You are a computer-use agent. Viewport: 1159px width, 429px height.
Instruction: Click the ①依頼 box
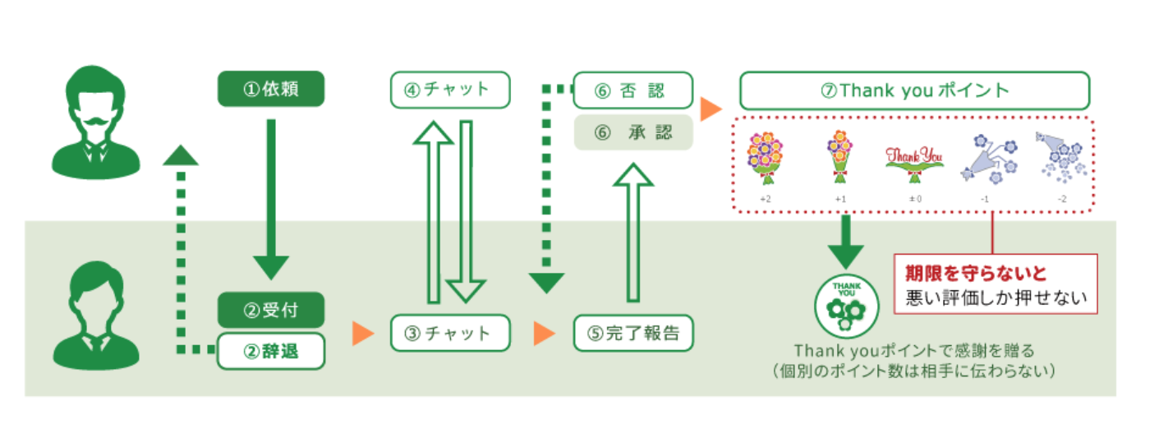270,89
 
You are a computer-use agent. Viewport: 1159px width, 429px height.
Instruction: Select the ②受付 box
270,310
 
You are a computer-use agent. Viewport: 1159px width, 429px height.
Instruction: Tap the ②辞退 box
270,352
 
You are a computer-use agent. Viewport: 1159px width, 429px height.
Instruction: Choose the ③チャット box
449,333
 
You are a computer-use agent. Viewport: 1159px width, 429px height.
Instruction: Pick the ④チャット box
449,89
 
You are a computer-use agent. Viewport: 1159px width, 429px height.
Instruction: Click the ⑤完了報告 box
632,333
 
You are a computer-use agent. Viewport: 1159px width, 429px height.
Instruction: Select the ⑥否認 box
632,90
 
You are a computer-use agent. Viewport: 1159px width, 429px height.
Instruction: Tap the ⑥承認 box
632,132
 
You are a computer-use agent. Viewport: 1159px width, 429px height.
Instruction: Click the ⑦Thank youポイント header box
914,90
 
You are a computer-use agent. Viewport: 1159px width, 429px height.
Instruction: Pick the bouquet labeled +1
839,156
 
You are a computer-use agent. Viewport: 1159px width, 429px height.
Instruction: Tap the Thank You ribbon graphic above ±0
913,161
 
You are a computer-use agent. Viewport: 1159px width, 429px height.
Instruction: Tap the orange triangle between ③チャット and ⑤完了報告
542,333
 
